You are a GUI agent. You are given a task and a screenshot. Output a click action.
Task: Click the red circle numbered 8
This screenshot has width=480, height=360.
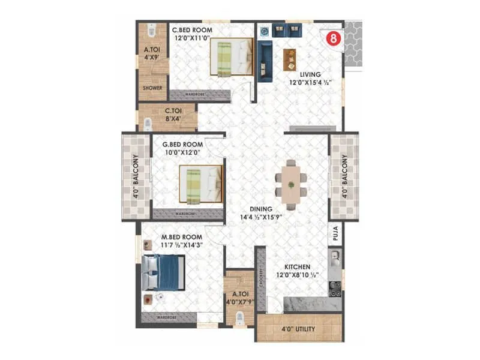331,40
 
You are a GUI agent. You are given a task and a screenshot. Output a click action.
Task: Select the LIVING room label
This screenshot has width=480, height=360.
303,74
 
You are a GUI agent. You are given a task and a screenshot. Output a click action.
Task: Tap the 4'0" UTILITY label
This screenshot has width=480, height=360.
299,329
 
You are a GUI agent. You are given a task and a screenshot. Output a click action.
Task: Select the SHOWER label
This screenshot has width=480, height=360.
152,88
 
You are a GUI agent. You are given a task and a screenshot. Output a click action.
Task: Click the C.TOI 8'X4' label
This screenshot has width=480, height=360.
178,110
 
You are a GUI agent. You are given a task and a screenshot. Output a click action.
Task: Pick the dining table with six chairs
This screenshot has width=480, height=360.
291,184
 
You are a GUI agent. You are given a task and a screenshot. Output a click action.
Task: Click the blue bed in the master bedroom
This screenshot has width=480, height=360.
163,272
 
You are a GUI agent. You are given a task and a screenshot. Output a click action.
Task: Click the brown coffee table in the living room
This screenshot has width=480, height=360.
290,58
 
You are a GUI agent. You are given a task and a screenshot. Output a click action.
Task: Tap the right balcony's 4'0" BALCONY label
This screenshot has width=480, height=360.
344,177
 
